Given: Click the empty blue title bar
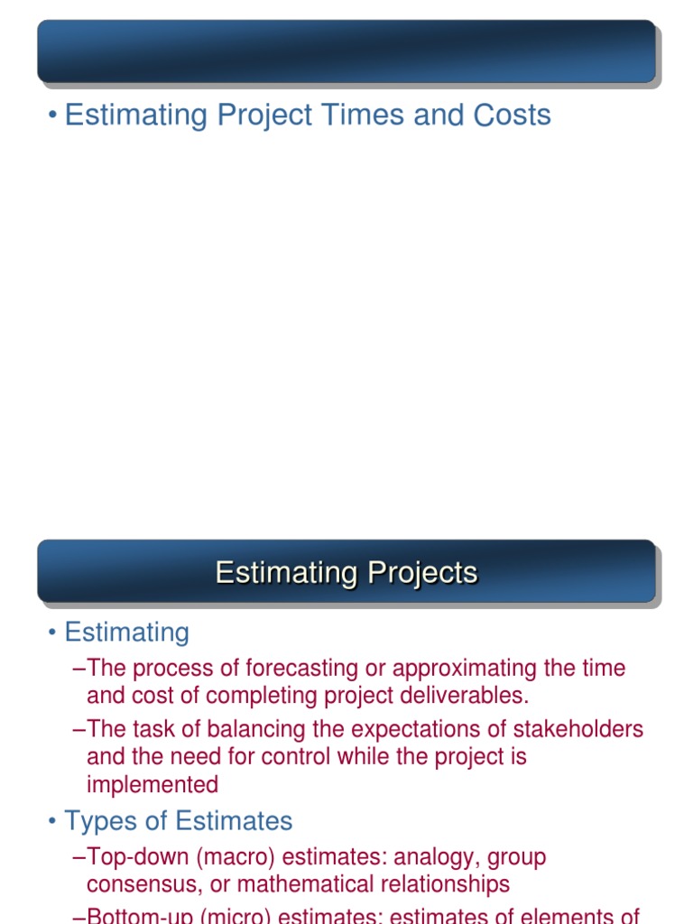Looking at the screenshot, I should pyautogui.click(x=346, y=51).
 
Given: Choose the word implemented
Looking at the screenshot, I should pyautogui.click(x=152, y=783).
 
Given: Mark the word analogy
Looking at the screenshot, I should pyautogui.click(x=431, y=856).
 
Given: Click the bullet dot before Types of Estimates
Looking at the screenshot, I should pyautogui.click(x=53, y=822).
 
